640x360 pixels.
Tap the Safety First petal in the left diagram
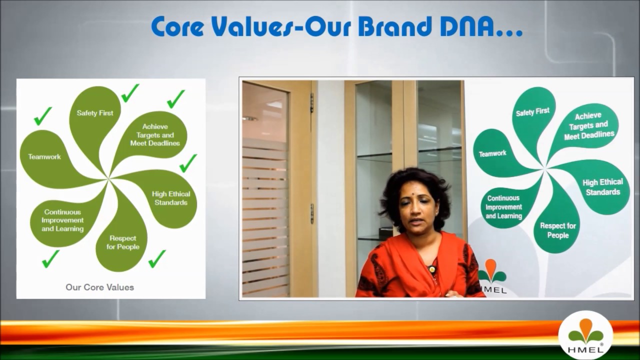tap(95, 113)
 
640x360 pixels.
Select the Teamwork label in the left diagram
tap(44, 157)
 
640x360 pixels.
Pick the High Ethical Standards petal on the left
tap(170, 198)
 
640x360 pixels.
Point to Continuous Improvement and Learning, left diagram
tap(62, 220)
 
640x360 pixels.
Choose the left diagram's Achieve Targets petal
tap(155, 135)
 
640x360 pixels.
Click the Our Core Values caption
tap(100, 287)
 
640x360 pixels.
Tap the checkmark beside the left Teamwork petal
tap(43, 116)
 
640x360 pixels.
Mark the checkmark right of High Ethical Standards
tap(188, 163)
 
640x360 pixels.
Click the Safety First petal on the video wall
tap(532, 112)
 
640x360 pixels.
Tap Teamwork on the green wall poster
tap(492, 153)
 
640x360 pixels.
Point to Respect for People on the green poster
tap(558, 230)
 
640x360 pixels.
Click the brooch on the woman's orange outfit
tap(431, 269)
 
